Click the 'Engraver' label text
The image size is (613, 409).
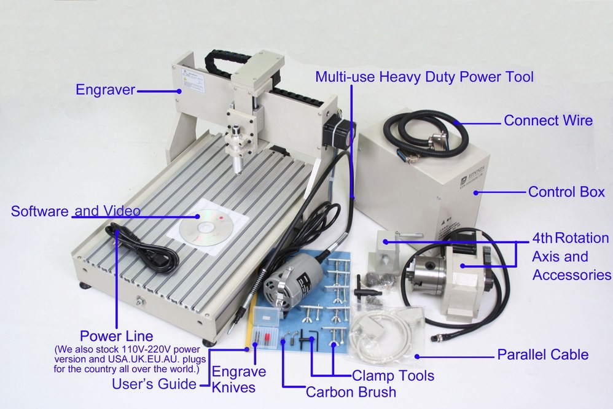point(105,90)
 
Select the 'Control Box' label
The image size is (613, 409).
point(566,192)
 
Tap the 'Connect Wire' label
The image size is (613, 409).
point(548,120)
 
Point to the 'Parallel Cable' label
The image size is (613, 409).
point(542,354)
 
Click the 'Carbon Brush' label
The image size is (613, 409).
point(350,392)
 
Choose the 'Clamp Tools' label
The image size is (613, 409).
point(392,375)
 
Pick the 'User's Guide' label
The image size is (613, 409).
point(154,384)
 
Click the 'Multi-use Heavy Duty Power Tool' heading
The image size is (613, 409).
point(424,77)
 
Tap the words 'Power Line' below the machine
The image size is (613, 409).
point(116,337)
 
